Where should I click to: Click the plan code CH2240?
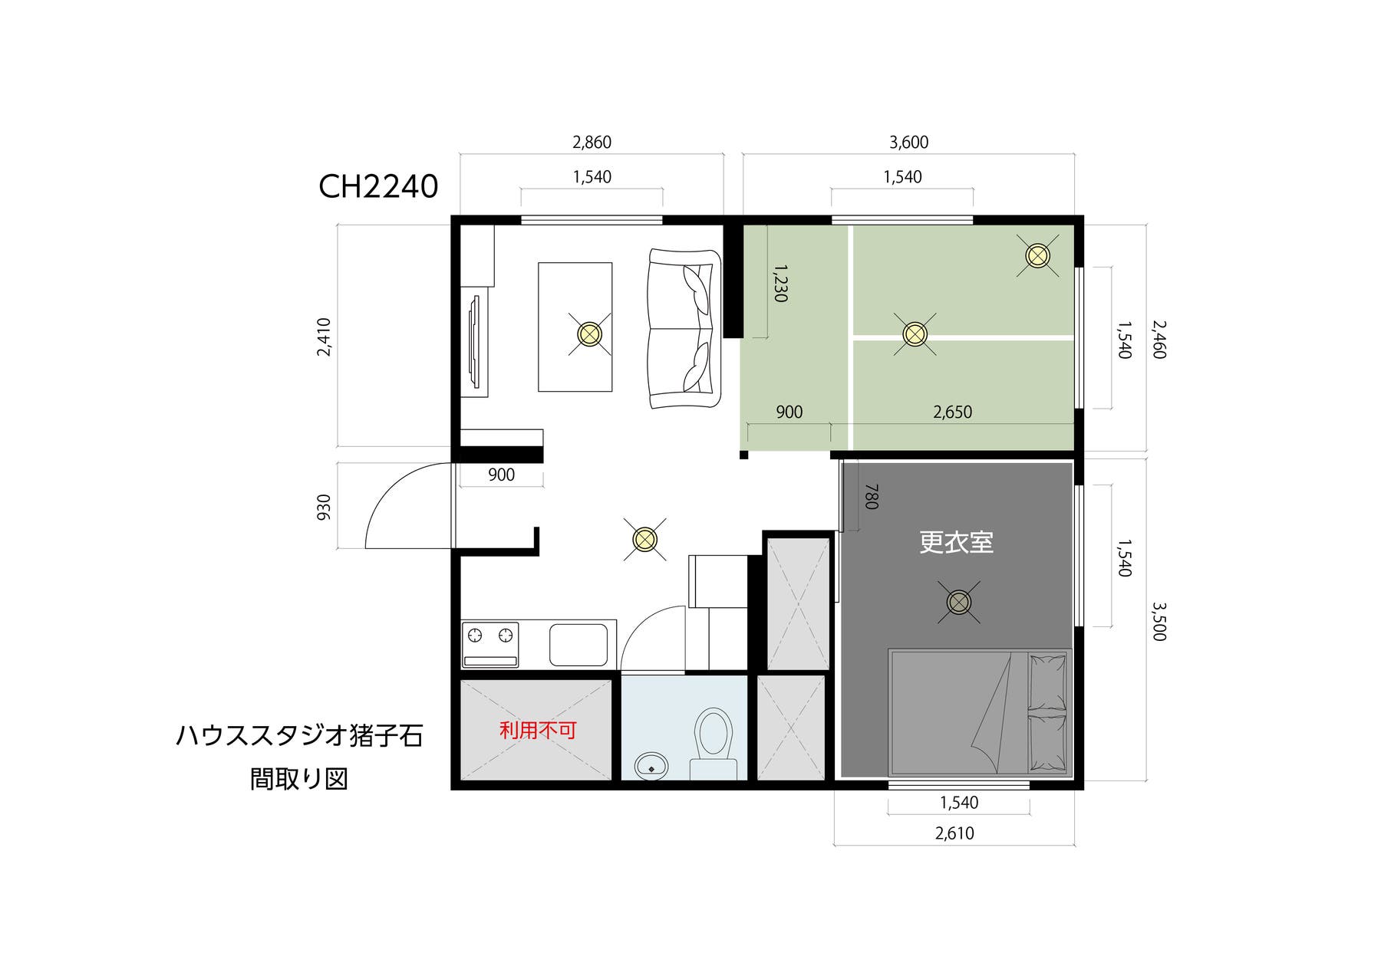378,186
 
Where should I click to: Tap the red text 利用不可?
538,730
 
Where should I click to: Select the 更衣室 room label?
956,543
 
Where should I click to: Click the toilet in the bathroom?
713,734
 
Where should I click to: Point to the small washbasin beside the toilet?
652,764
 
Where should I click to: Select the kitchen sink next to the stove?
578,645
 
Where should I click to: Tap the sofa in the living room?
684,328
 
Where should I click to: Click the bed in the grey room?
980,712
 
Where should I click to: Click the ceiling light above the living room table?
589,334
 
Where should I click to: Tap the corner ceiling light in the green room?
1037,255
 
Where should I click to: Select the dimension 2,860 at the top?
592,143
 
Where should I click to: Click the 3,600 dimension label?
908,143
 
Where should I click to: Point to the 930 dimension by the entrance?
324,507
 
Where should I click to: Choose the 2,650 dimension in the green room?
952,412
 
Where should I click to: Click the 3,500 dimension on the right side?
1159,621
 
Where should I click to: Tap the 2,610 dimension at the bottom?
954,833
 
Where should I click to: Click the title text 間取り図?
299,779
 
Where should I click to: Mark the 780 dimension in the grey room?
871,496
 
